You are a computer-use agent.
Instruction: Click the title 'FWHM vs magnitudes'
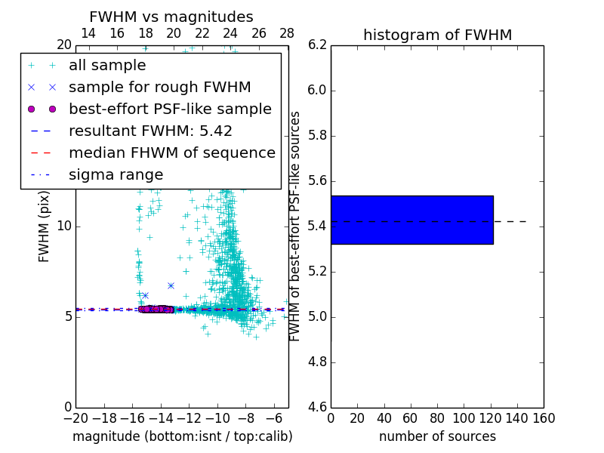click(171, 17)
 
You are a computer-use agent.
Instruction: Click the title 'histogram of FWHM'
click(437, 35)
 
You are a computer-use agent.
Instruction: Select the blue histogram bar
click(411, 220)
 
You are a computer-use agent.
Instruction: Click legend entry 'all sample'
click(114, 66)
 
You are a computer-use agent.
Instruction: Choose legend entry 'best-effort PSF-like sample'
click(170, 109)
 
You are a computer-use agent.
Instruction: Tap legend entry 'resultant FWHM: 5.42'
click(150, 131)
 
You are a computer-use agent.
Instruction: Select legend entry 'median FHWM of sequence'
click(171, 153)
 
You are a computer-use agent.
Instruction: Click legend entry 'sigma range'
click(116, 175)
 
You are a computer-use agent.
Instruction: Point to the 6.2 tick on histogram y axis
click(318, 45)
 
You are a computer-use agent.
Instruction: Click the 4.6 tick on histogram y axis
click(318, 407)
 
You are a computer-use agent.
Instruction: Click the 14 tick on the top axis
click(88, 33)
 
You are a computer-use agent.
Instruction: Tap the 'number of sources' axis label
click(437, 436)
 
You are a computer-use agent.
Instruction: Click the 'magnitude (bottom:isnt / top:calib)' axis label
click(182, 436)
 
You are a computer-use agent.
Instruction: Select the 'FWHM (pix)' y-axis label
click(45, 226)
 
